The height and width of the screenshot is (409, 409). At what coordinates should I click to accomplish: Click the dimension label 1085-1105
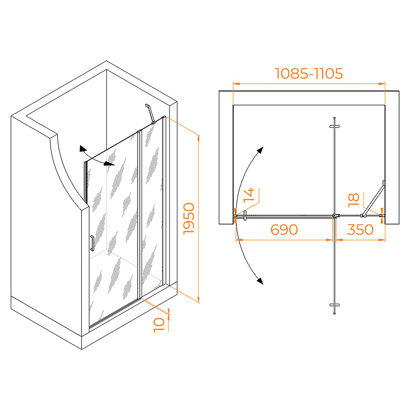[309, 74]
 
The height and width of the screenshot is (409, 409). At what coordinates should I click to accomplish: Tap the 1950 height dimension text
[189, 219]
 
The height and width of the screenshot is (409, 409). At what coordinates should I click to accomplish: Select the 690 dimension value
[284, 230]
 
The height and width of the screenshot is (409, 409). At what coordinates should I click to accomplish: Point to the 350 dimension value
[360, 230]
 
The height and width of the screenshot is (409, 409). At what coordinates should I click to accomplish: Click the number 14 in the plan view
[249, 195]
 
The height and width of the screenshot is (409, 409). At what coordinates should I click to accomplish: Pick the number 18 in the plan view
[354, 200]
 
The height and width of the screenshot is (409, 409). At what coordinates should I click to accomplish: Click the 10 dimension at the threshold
[159, 325]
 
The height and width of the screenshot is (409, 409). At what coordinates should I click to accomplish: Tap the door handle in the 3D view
[92, 243]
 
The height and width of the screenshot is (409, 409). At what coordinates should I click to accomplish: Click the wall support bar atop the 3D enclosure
[151, 113]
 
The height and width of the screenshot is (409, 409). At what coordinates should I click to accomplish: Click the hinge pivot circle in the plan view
[334, 216]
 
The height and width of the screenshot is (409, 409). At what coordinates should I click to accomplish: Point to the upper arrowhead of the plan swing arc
[260, 150]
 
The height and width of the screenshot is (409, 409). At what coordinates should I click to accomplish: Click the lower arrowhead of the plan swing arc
[260, 281]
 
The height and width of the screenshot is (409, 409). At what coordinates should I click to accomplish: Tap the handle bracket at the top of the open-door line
[334, 126]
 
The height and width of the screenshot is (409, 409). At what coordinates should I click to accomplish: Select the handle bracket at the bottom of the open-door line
[334, 305]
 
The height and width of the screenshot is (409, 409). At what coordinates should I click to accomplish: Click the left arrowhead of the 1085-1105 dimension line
[236, 84]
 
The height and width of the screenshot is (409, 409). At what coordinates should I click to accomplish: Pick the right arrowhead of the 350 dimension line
[382, 240]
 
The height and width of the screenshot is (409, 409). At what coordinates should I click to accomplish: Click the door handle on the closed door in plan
[245, 216]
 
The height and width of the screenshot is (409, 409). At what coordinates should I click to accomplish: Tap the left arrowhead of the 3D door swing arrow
[83, 149]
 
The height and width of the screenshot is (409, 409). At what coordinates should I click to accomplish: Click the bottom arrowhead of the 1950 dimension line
[198, 300]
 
